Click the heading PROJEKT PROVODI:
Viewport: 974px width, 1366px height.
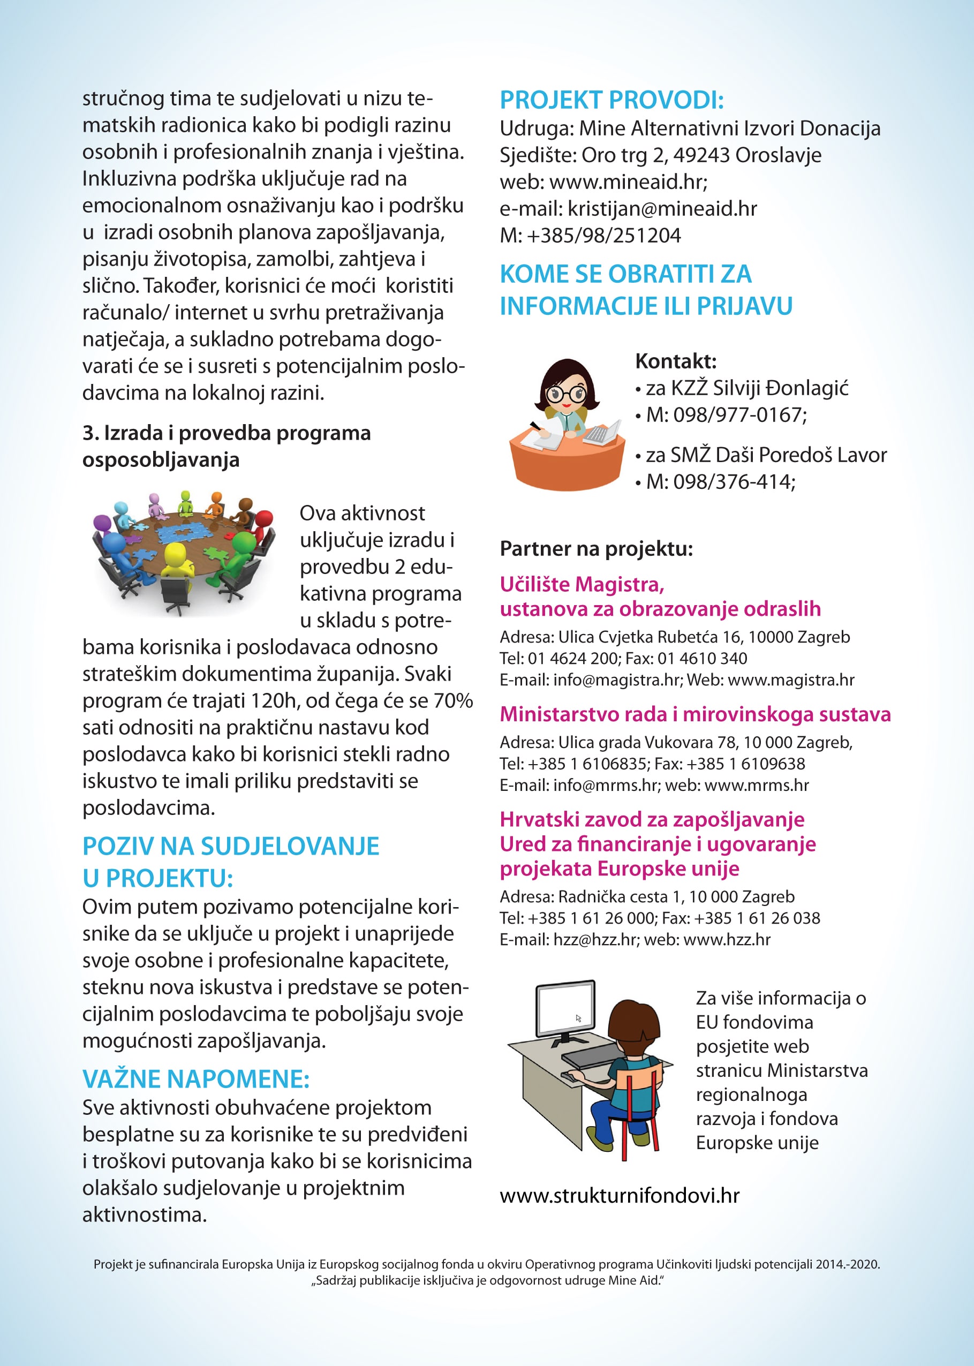coord(611,100)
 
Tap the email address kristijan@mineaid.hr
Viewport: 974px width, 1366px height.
coord(662,209)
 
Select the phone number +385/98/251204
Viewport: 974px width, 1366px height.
coord(603,236)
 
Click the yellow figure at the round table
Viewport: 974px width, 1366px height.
coord(175,560)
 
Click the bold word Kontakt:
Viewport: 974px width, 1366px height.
coord(675,361)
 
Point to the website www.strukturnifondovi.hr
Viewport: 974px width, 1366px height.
coord(619,1196)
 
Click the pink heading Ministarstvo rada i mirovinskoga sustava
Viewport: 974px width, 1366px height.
coord(695,714)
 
